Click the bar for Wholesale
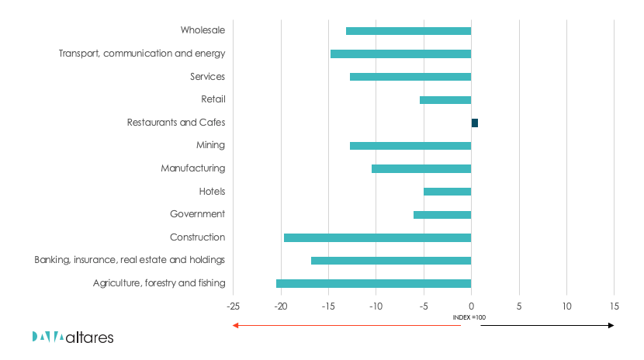click(x=408, y=31)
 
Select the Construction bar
click(x=377, y=237)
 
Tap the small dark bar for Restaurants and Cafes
click(x=475, y=123)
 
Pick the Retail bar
click(x=445, y=100)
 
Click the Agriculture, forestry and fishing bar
click(x=373, y=283)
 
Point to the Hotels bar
click(x=447, y=192)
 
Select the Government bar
click(x=442, y=215)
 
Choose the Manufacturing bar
click(x=421, y=168)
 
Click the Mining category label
click(x=210, y=145)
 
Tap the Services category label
click(x=207, y=77)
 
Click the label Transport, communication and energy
click(x=142, y=54)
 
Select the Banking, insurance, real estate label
click(x=130, y=260)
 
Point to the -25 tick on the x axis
click(x=233, y=305)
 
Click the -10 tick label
click(x=376, y=305)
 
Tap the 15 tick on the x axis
click(x=615, y=305)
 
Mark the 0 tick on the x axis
click(x=471, y=305)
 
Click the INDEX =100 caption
click(x=470, y=317)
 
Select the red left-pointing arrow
click(x=341, y=325)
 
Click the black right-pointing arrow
click(x=547, y=325)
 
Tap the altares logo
click(x=73, y=337)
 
